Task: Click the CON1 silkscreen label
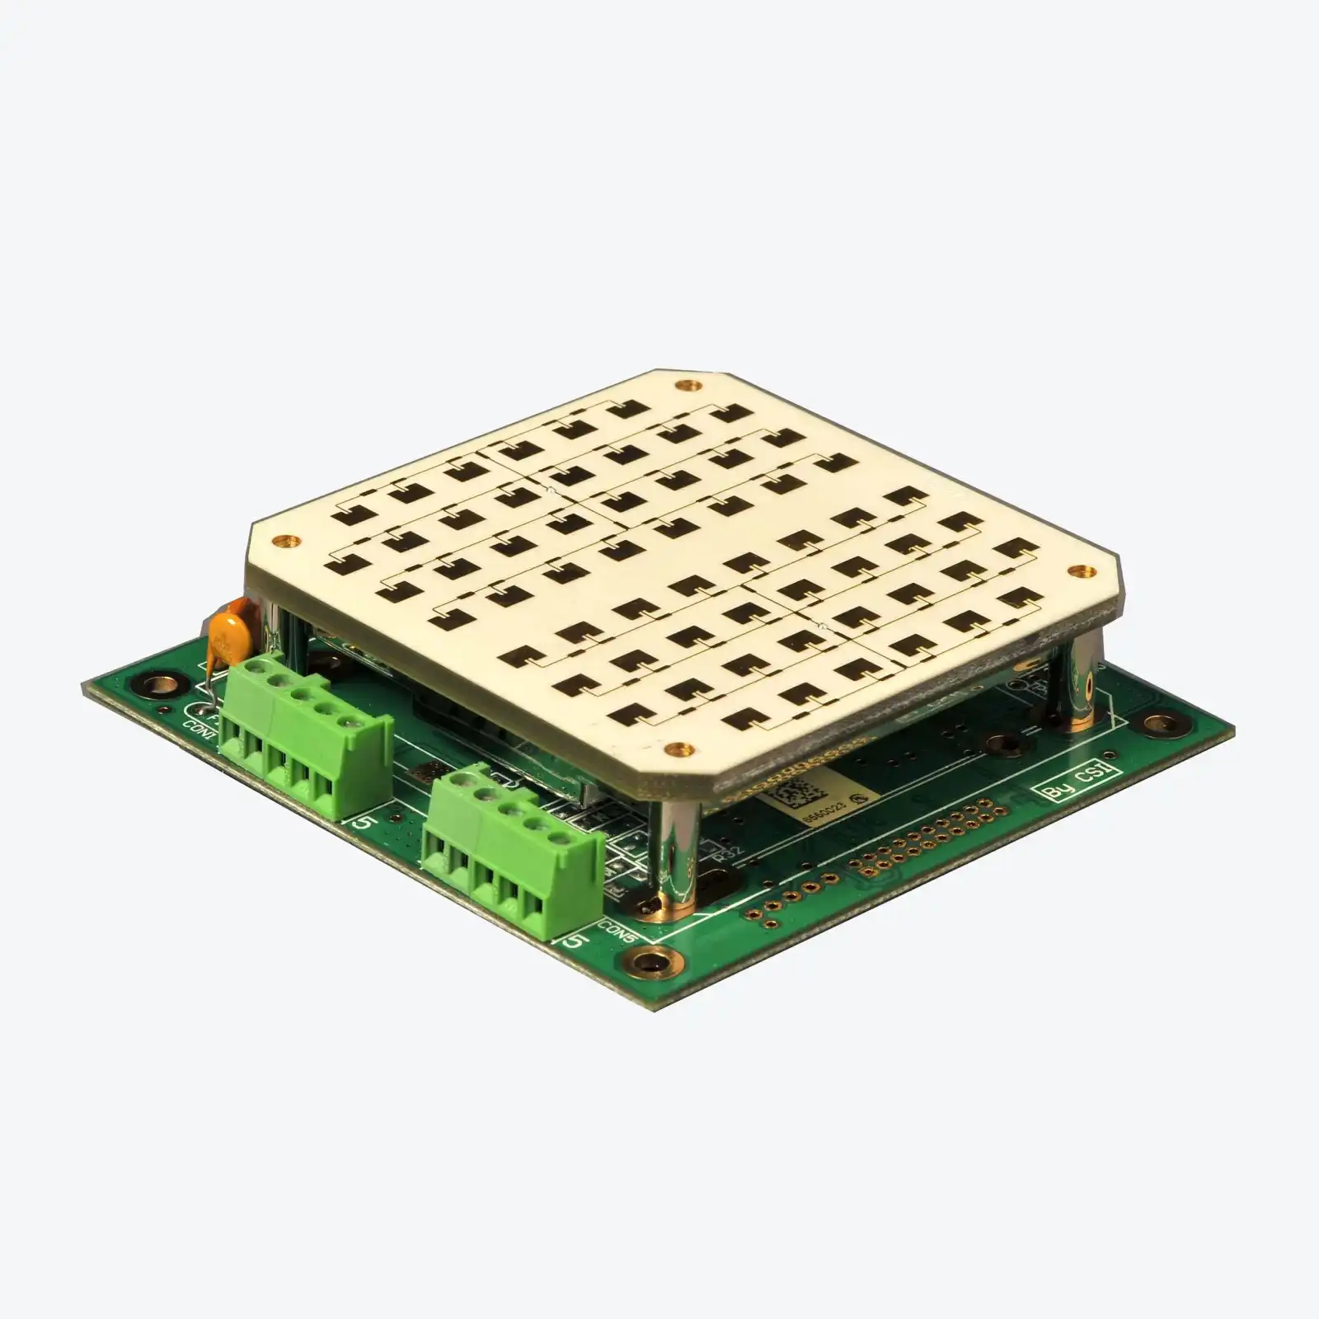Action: click(195, 725)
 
